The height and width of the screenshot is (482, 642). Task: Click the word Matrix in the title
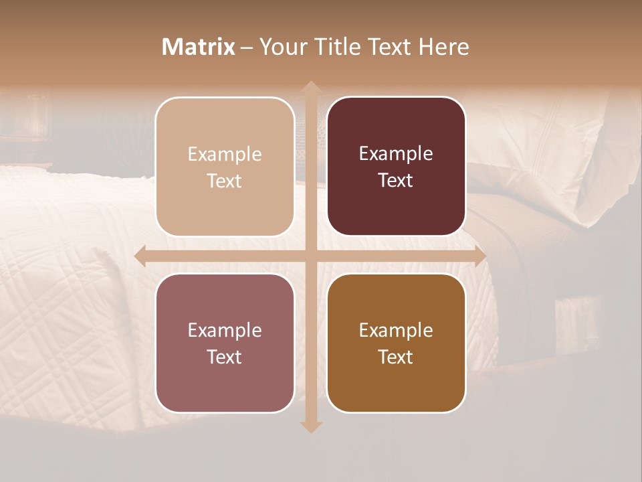pyautogui.click(x=199, y=47)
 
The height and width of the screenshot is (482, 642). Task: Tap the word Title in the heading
pyautogui.click(x=337, y=47)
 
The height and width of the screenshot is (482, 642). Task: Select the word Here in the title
pyautogui.click(x=443, y=47)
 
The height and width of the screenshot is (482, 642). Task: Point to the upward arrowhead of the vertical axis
pyautogui.click(x=310, y=86)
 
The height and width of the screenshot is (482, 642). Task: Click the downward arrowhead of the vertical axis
pyautogui.click(x=310, y=426)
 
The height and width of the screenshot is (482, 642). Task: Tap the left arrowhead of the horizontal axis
pyautogui.click(x=140, y=256)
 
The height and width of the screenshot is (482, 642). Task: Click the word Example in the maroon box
pyautogui.click(x=396, y=154)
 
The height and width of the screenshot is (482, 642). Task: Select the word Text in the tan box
pyautogui.click(x=225, y=181)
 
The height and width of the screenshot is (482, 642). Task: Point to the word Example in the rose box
pyautogui.click(x=225, y=330)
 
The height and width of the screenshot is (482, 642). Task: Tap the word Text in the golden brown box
pyautogui.click(x=396, y=357)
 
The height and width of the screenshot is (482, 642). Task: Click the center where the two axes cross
pyautogui.click(x=310, y=256)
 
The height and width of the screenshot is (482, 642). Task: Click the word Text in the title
pyautogui.click(x=387, y=47)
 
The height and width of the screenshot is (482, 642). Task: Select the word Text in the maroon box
pyautogui.click(x=396, y=181)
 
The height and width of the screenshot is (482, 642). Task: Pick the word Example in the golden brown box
pyautogui.click(x=396, y=330)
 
